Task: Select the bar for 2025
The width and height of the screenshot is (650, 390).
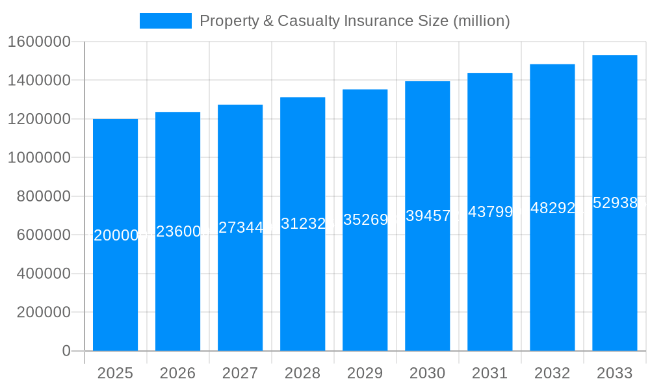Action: point(115,292)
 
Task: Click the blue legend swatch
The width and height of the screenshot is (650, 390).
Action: point(165,21)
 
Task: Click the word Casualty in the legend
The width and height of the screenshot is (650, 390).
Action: point(308,21)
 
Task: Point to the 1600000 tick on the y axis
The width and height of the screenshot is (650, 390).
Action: point(38,42)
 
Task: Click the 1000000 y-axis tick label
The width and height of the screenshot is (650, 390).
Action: point(38,157)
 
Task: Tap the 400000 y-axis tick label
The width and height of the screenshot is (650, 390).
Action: point(43,273)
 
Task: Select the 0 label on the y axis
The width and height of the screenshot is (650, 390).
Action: point(66,350)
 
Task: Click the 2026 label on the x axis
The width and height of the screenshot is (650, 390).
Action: point(177,373)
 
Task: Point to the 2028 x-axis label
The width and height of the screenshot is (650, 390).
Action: point(302,373)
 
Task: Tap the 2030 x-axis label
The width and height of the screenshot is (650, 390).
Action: point(427,373)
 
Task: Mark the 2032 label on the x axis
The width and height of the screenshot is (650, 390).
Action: point(552,373)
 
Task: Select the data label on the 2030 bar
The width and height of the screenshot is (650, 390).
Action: point(427,216)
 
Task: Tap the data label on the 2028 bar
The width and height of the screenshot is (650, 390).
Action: point(302,224)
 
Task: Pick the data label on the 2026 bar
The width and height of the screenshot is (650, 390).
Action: point(177,231)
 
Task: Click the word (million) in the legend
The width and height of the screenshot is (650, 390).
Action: point(481,21)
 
